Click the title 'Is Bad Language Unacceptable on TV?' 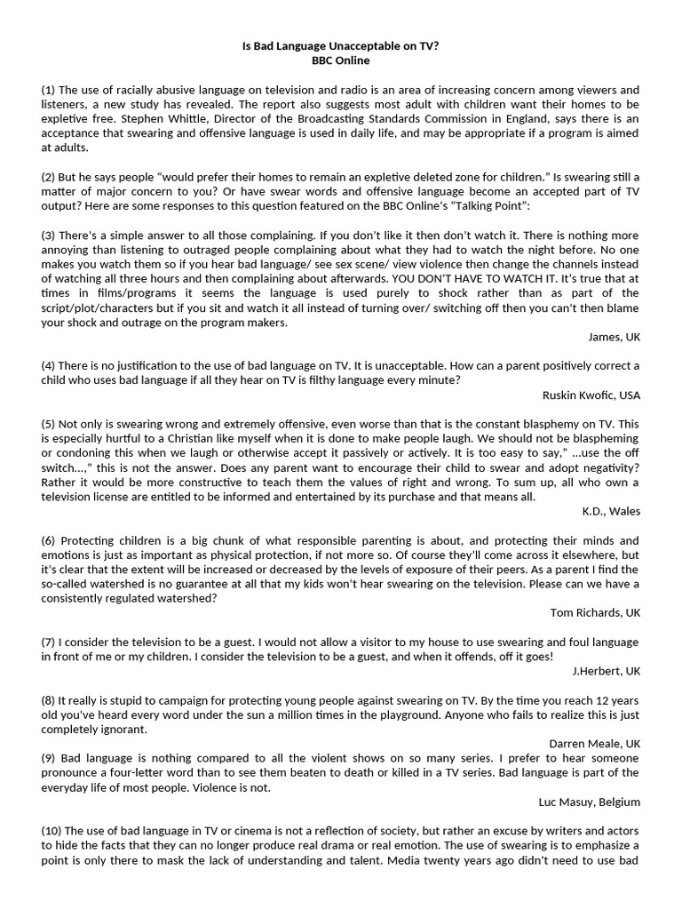point(340,46)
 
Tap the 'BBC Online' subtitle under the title point(340,60)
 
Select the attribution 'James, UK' point(614,336)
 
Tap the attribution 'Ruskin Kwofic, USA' point(591,395)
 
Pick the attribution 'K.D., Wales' point(611,511)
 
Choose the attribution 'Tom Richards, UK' point(595,612)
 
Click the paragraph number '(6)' point(49,540)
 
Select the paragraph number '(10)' point(52,830)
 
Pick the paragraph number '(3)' point(49,235)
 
